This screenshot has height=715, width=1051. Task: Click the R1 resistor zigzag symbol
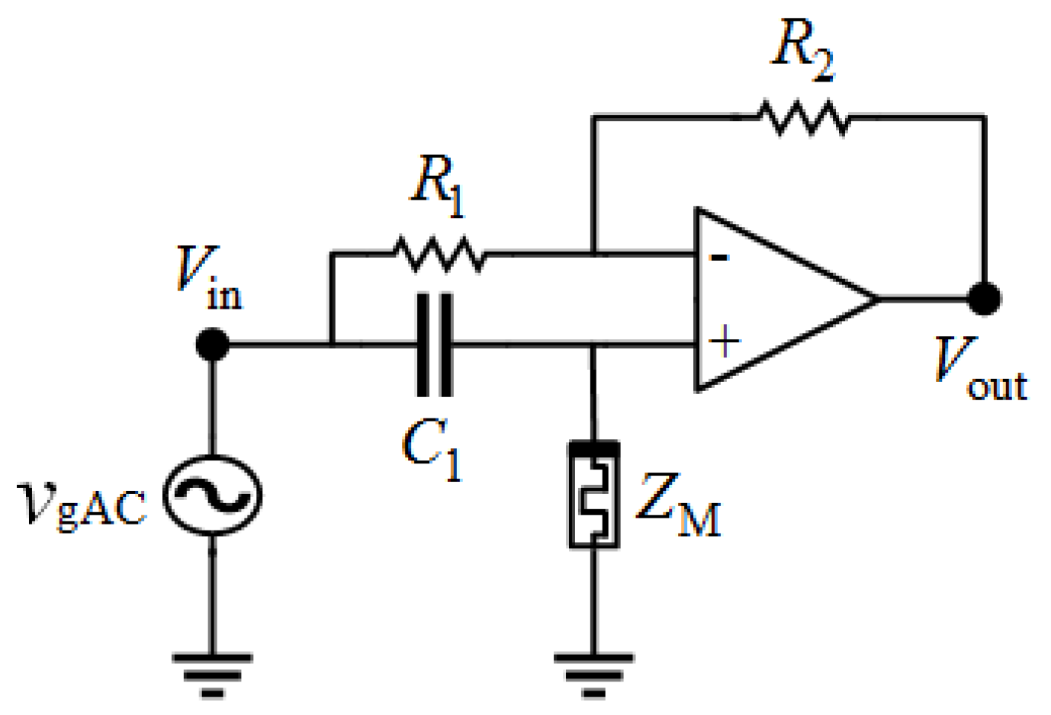(439, 254)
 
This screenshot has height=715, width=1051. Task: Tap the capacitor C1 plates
(435, 345)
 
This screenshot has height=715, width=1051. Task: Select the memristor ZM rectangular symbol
(593, 495)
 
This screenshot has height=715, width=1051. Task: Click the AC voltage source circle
(213, 495)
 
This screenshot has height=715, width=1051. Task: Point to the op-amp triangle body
(770, 299)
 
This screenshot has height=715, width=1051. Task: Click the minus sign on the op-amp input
(718, 258)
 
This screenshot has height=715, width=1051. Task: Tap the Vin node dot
(212, 345)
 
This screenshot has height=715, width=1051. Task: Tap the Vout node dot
(984, 299)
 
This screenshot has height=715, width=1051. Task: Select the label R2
(802, 50)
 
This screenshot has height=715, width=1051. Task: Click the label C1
(432, 450)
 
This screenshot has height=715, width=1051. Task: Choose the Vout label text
(980, 370)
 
